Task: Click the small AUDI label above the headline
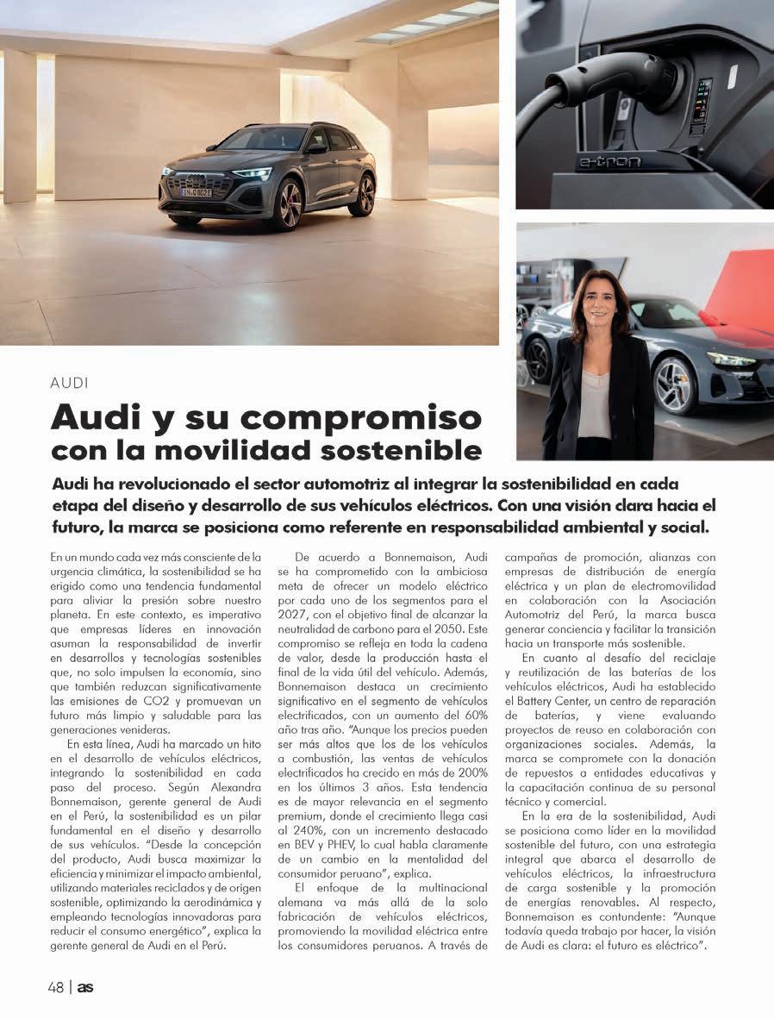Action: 70,381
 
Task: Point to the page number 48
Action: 56,988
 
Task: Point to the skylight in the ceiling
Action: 431,22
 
